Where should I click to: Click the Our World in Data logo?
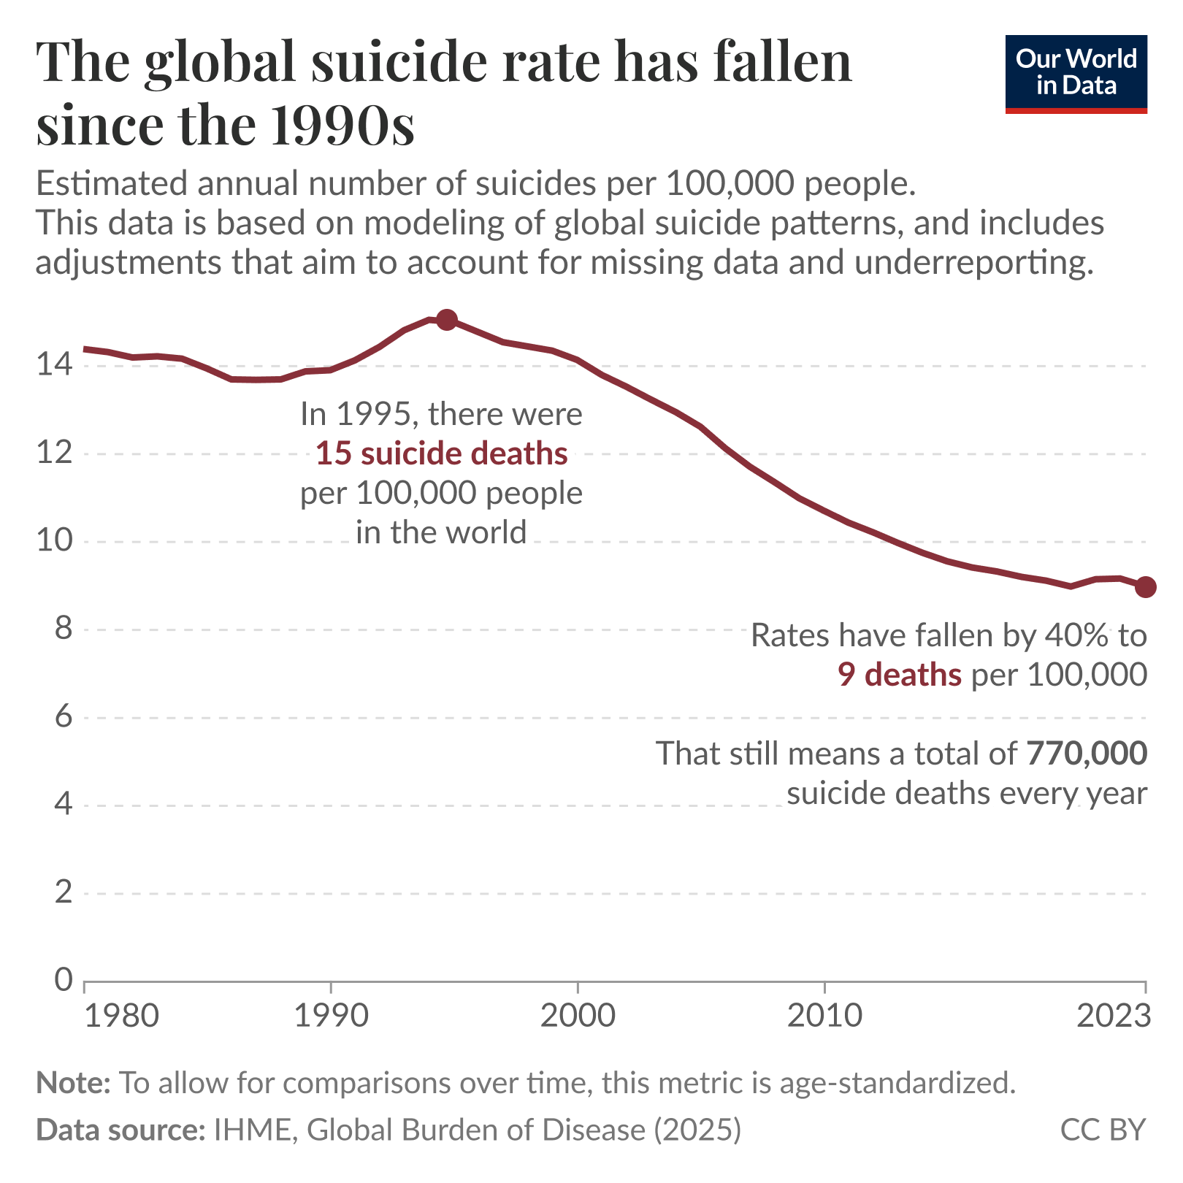coord(1076,74)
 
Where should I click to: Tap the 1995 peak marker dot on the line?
coord(447,320)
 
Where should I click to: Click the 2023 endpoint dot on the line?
coord(1145,587)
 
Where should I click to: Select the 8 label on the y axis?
coord(64,629)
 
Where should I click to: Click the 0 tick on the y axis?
coord(64,981)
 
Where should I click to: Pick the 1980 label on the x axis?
coord(121,1017)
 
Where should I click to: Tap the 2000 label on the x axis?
coord(578,1017)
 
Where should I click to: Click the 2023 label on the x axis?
coord(1114,1017)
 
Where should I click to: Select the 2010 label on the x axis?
coord(824,1017)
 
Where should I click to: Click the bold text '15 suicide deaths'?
coord(441,454)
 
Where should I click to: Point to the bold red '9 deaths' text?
coord(899,675)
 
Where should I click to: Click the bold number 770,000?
coord(1087,754)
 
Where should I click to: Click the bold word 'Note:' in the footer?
coord(73,1082)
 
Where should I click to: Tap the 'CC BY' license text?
coord(1103,1130)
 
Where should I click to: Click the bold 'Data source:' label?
coord(120,1130)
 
